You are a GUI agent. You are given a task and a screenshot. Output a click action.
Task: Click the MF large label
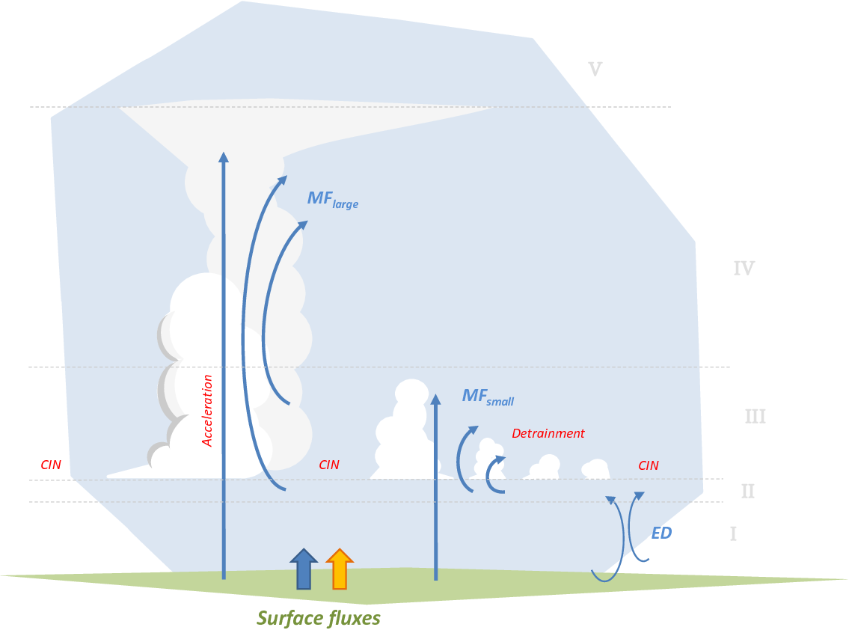pyautogui.click(x=332, y=199)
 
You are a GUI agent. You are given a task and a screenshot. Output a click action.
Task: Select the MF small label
pyautogui.click(x=488, y=397)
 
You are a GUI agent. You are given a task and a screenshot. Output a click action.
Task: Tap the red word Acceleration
pyautogui.click(x=207, y=411)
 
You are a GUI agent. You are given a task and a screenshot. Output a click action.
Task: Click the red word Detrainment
pyautogui.click(x=548, y=433)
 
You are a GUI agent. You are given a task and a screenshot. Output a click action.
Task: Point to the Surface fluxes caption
pyautogui.click(x=319, y=618)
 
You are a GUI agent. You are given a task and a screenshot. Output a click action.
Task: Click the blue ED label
pyautogui.click(x=661, y=533)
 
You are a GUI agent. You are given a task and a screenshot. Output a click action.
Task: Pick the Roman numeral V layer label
pyautogui.click(x=595, y=70)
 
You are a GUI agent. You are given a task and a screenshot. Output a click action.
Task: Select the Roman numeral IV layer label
pyautogui.click(x=744, y=268)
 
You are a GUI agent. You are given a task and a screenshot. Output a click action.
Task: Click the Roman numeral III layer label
pyautogui.click(x=755, y=416)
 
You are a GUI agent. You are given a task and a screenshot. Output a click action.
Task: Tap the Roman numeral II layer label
pyautogui.click(x=748, y=492)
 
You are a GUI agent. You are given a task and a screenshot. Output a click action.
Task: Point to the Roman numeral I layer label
pyautogui.click(x=733, y=534)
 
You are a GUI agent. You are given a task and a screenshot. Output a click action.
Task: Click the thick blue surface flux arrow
pyautogui.click(x=304, y=569)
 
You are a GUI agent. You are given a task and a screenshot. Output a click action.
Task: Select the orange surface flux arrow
pyautogui.click(x=340, y=569)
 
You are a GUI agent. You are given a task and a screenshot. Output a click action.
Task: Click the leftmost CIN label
pyautogui.click(x=51, y=465)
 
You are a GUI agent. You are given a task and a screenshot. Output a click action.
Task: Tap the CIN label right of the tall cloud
pyautogui.click(x=328, y=465)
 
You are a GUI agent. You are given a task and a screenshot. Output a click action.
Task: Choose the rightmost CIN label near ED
pyautogui.click(x=648, y=465)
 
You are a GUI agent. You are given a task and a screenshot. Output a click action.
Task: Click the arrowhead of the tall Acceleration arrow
pyautogui.click(x=223, y=157)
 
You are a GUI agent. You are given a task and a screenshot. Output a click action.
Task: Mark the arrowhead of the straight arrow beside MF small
pyautogui.click(x=435, y=400)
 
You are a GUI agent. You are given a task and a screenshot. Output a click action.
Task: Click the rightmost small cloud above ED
pyautogui.click(x=595, y=468)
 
